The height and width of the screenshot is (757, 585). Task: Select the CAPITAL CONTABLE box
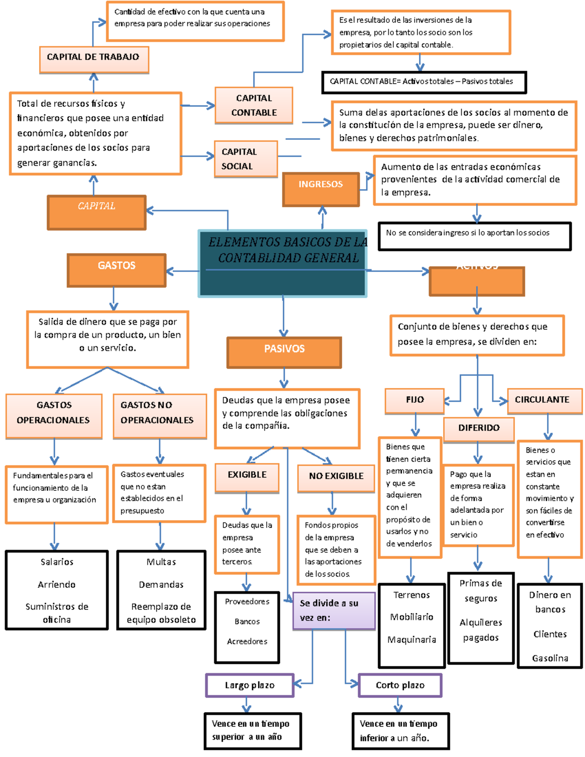[x=253, y=105]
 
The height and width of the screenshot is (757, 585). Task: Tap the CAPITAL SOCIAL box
[x=246, y=159]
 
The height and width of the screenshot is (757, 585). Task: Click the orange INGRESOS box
[x=321, y=189]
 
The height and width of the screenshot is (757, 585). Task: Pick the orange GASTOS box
[x=117, y=270]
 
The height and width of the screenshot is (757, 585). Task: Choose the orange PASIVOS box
[x=284, y=352]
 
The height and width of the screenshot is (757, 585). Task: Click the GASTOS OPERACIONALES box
[x=54, y=416]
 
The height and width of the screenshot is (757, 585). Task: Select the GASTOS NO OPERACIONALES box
[x=159, y=416]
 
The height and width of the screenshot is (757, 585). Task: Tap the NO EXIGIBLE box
[x=336, y=478]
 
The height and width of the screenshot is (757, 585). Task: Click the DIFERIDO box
[x=478, y=429]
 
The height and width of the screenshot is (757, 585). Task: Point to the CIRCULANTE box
[x=545, y=401]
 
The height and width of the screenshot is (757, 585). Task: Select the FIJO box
[x=415, y=401]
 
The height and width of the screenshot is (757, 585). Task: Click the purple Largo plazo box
[x=250, y=685]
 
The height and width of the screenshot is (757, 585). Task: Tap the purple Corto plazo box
[x=400, y=685]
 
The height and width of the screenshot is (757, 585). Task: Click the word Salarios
[x=57, y=562]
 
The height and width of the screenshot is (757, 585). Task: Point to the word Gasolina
[x=550, y=659]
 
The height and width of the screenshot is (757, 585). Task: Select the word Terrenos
[x=411, y=595]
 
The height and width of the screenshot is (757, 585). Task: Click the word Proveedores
[x=247, y=602]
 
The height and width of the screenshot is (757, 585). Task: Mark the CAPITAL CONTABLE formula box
[x=424, y=82]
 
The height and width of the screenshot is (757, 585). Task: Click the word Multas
[x=161, y=562]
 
